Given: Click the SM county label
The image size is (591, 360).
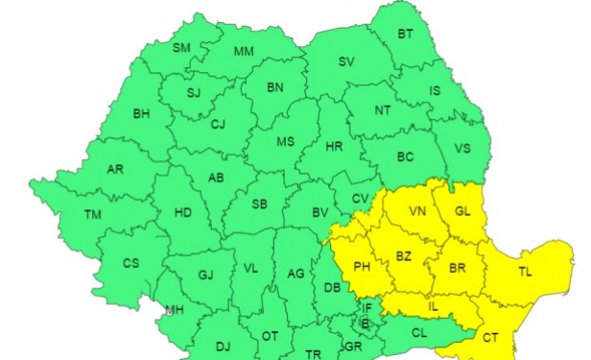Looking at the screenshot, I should [x=181, y=48].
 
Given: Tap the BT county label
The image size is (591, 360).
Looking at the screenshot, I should [x=405, y=34].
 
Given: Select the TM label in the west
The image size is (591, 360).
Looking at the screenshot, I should [x=92, y=214].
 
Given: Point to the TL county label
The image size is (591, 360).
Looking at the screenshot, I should [x=525, y=273].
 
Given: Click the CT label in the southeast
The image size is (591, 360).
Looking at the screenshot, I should [x=490, y=337].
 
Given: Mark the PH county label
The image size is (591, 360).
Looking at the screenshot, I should [x=362, y=268].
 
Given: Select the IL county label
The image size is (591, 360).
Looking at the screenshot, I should [x=432, y=306].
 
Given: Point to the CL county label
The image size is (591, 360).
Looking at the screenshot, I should [x=418, y=333].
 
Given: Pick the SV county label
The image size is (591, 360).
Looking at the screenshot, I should [x=345, y=62].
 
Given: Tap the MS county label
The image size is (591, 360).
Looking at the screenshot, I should [x=285, y=142].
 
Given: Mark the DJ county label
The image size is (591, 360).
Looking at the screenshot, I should [x=223, y=347].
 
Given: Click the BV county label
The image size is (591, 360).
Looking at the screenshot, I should [x=320, y=213].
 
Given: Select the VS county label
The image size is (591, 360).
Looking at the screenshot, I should [x=462, y=149].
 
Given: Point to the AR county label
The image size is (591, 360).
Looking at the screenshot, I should [x=115, y=170].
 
